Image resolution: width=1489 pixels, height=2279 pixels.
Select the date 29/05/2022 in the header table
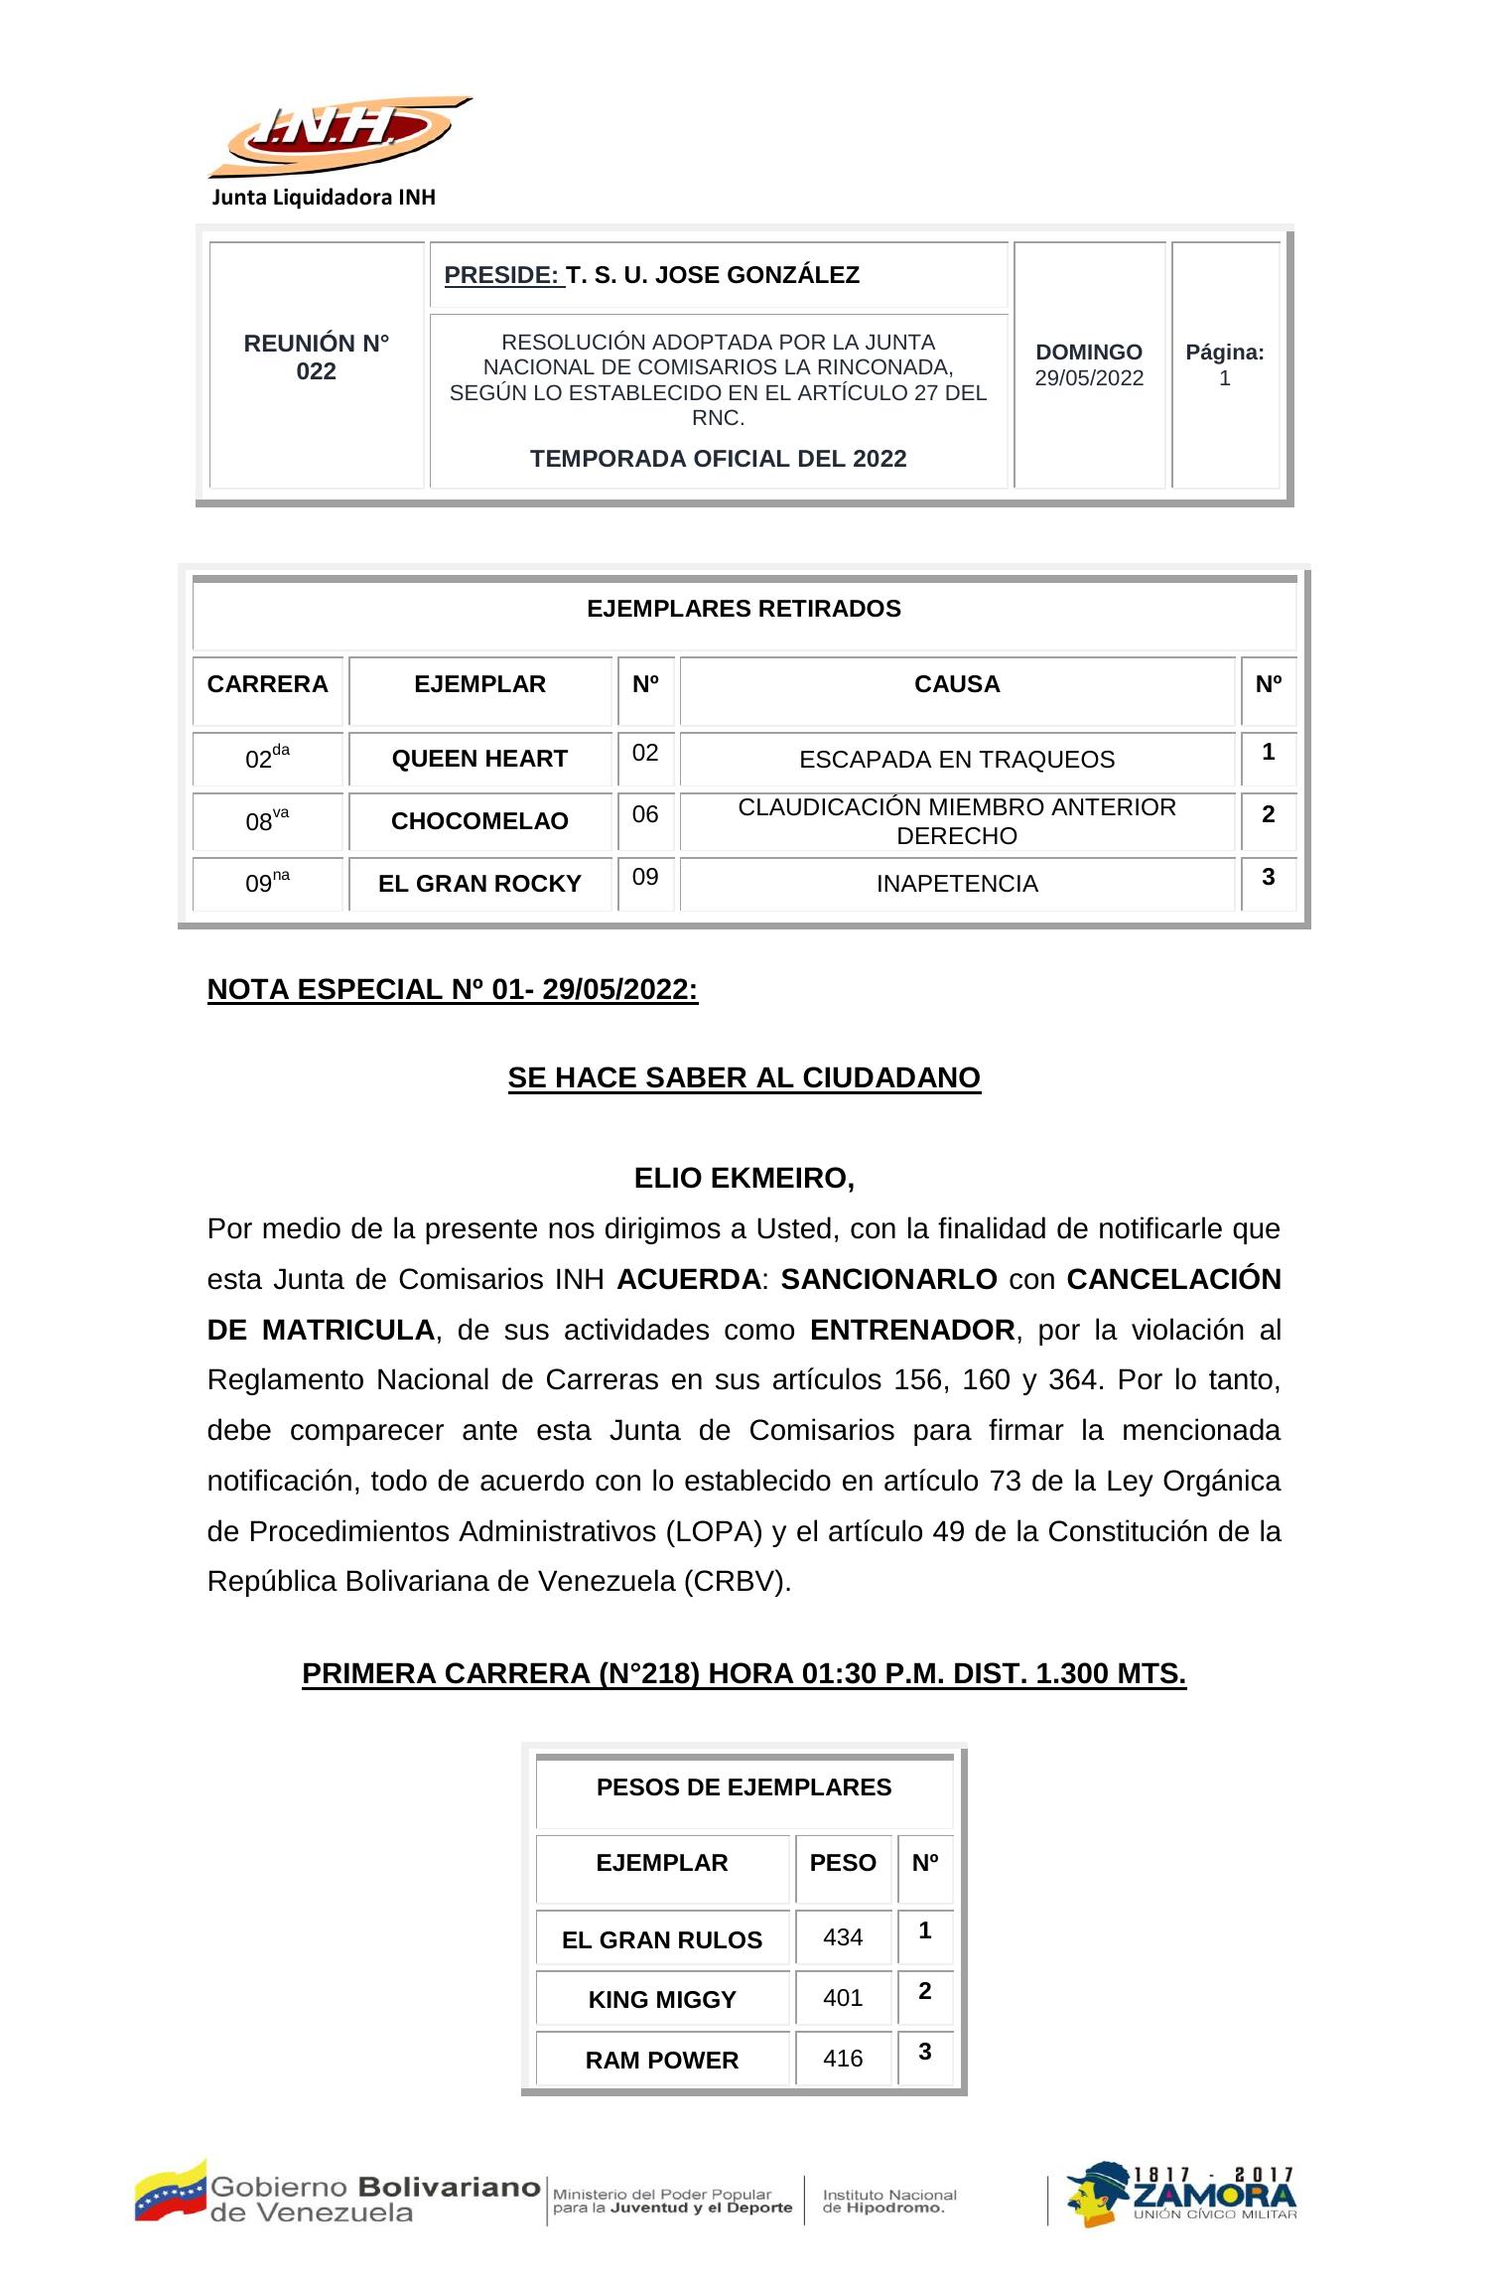(x=1089, y=378)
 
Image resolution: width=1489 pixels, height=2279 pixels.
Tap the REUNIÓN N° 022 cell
(x=317, y=357)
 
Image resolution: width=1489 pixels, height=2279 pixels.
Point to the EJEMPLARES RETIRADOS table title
(x=744, y=609)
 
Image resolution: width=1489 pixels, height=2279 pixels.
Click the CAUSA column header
(x=957, y=684)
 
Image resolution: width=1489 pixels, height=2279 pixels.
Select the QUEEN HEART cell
(x=479, y=759)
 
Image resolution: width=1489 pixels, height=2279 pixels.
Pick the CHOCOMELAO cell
(x=479, y=821)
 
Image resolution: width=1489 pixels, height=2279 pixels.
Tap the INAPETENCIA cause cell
(x=957, y=884)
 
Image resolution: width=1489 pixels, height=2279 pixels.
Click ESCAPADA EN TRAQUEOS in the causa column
(x=957, y=760)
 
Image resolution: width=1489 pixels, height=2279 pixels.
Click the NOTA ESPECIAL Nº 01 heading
(x=453, y=990)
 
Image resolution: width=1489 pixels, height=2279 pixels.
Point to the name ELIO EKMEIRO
(x=744, y=1179)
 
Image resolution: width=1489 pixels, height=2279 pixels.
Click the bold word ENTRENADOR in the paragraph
(x=911, y=1330)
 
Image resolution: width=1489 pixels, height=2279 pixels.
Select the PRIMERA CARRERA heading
(x=744, y=1674)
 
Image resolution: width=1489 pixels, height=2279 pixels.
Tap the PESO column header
(x=843, y=1863)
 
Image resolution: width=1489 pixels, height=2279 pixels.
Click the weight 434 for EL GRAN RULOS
(x=843, y=1937)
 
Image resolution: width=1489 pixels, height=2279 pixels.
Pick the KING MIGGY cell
(x=662, y=2000)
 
